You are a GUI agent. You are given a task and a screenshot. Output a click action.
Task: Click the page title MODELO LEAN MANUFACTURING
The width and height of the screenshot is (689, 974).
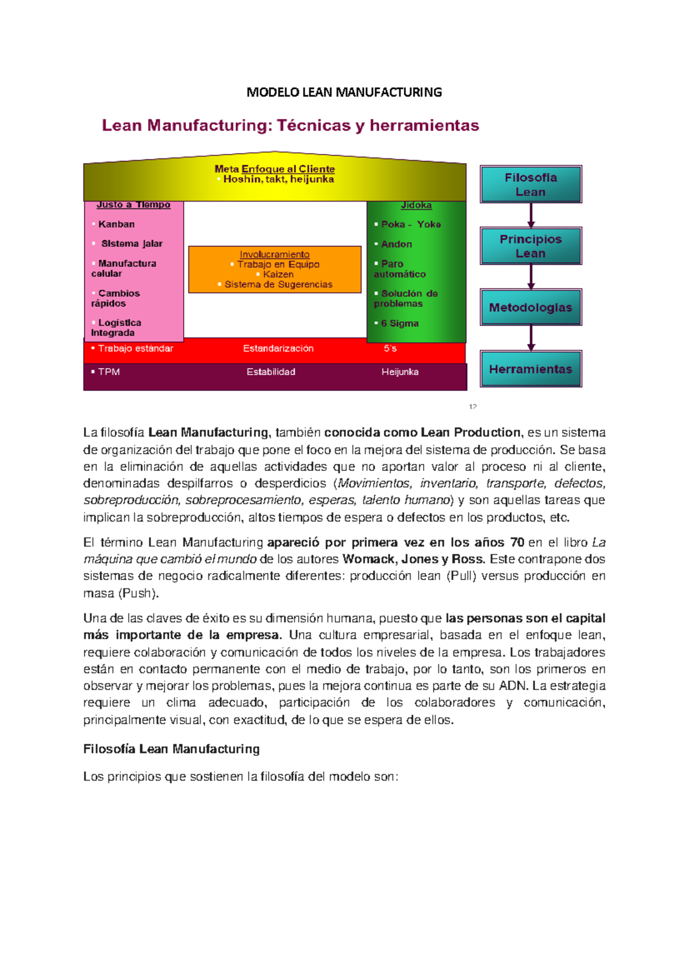click(x=344, y=92)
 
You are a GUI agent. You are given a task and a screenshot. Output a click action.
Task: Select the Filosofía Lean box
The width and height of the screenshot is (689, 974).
click(x=531, y=184)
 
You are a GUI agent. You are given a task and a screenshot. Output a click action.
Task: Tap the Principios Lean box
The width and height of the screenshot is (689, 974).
click(x=531, y=246)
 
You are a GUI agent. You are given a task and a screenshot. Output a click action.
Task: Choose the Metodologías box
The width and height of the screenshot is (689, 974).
click(x=531, y=307)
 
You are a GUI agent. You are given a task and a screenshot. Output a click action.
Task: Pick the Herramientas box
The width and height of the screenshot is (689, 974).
click(x=531, y=369)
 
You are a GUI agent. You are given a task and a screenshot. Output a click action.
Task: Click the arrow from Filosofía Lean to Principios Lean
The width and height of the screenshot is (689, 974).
click(x=531, y=215)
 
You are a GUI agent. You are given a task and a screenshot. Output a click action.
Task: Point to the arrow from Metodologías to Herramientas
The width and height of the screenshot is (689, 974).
click(x=531, y=338)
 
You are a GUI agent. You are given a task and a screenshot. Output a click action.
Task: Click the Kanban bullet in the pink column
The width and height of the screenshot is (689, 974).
click(x=116, y=224)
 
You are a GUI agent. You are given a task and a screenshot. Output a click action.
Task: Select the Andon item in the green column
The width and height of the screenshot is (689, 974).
click(x=396, y=244)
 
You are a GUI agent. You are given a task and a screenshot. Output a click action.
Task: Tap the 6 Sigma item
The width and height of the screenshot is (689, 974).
click(x=400, y=323)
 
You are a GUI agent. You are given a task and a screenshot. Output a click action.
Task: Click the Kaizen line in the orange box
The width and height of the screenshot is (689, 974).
click(x=278, y=275)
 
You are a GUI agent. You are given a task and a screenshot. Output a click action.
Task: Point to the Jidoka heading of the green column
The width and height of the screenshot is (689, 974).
click(x=416, y=205)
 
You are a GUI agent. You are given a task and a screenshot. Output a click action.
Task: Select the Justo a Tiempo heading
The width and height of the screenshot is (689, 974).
click(x=133, y=204)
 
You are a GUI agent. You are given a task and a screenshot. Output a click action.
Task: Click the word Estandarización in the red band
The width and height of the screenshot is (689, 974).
click(x=278, y=349)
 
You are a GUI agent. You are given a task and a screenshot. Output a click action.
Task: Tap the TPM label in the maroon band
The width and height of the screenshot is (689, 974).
click(x=109, y=372)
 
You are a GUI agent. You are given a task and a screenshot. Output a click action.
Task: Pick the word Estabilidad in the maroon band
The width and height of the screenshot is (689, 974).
click(x=271, y=372)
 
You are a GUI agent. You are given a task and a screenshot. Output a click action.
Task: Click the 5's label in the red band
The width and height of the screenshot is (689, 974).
click(x=390, y=349)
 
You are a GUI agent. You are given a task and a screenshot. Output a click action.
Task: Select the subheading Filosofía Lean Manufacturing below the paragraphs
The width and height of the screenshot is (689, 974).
click(x=171, y=749)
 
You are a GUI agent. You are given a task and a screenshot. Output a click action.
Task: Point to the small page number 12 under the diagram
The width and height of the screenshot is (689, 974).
click(x=473, y=407)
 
